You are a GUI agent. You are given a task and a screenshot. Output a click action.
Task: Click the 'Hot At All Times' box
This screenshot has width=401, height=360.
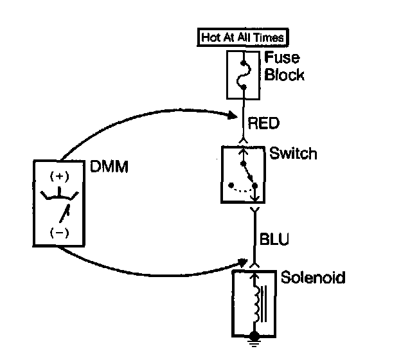click(x=243, y=37)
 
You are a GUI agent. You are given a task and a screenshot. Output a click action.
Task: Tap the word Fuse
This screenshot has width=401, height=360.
click(x=281, y=58)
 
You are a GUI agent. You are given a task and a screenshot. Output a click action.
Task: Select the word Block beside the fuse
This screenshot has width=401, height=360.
click(x=284, y=75)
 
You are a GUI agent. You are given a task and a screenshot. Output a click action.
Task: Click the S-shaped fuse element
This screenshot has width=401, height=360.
click(x=243, y=75)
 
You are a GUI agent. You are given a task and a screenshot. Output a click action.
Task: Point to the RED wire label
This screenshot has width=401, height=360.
click(x=263, y=123)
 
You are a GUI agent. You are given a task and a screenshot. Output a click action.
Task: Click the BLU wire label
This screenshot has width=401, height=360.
click(x=274, y=239)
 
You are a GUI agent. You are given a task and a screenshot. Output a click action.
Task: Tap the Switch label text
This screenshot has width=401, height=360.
click(x=293, y=154)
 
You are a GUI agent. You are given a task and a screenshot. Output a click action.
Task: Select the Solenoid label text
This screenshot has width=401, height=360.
click(x=313, y=277)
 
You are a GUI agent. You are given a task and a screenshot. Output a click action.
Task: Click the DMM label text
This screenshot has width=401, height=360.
click(x=109, y=166)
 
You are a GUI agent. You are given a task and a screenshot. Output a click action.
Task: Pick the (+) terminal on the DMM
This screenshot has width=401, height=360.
click(x=59, y=177)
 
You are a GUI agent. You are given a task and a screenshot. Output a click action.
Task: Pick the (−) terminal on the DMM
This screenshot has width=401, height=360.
click(x=59, y=233)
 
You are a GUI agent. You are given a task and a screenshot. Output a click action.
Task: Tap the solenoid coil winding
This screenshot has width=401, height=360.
click(x=257, y=305)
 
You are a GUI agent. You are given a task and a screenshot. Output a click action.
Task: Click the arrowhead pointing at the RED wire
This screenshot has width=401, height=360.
click(x=233, y=116)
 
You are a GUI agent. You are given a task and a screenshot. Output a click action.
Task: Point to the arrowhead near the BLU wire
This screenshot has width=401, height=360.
click(x=243, y=262)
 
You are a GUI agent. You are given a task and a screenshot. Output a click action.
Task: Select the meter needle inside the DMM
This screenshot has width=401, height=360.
click(x=64, y=213)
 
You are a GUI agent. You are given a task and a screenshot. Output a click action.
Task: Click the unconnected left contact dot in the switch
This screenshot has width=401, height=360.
click(x=231, y=185)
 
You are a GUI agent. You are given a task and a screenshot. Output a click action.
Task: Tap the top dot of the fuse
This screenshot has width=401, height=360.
click(x=243, y=62)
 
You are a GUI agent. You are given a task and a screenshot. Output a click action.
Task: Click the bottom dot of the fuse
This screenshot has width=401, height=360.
click(x=244, y=87)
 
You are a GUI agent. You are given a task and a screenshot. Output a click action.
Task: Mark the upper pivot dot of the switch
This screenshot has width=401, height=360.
click(x=243, y=163)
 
